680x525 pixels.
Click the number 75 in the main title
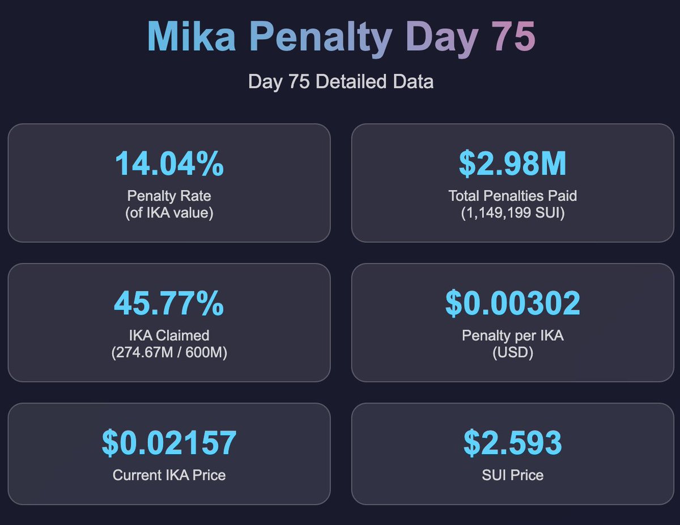tap(513, 37)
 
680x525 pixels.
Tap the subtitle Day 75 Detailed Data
tap(341, 82)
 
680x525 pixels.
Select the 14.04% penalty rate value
tap(169, 164)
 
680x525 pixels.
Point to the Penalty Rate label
tap(169, 196)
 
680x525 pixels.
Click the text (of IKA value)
tap(169, 214)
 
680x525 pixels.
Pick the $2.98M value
tap(512, 164)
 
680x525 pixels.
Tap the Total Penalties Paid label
tap(512, 196)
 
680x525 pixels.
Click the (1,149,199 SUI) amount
tap(512, 214)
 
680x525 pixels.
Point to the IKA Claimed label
tap(169, 335)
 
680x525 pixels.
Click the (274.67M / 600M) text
tap(169, 353)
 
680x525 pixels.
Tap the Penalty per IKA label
tap(512, 335)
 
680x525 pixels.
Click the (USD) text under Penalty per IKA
tap(512, 353)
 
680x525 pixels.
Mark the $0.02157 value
tap(169, 443)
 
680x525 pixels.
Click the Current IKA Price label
tap(169, 475)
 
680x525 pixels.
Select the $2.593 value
tap(512, 443)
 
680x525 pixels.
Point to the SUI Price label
tap(512, 475)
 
